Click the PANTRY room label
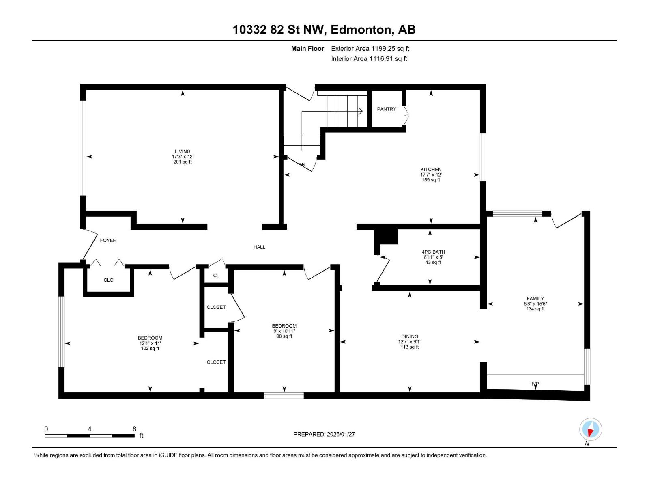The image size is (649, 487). (386, 109)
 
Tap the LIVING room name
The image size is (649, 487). (183, 151)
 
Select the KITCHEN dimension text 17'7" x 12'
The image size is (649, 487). (431, 175)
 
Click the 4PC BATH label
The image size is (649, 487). (433, 252)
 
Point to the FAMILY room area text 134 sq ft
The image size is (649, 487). (535, 309)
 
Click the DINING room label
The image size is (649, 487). (410, 336)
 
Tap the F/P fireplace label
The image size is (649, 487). (535, 384)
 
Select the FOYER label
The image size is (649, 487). (108, 240)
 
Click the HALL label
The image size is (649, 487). (259, 247)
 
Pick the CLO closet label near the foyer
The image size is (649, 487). (109, 280)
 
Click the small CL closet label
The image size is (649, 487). (216, 276)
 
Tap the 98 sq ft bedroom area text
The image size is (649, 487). (284, 336)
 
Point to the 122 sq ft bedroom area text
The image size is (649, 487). (150, 348)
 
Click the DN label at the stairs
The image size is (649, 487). (302, 165)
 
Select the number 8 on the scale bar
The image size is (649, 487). (134, 429)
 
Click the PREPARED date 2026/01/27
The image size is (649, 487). (341, 434)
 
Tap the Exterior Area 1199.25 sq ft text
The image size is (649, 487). (370, 48)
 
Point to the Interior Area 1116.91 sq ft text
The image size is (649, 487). (369, 58)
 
